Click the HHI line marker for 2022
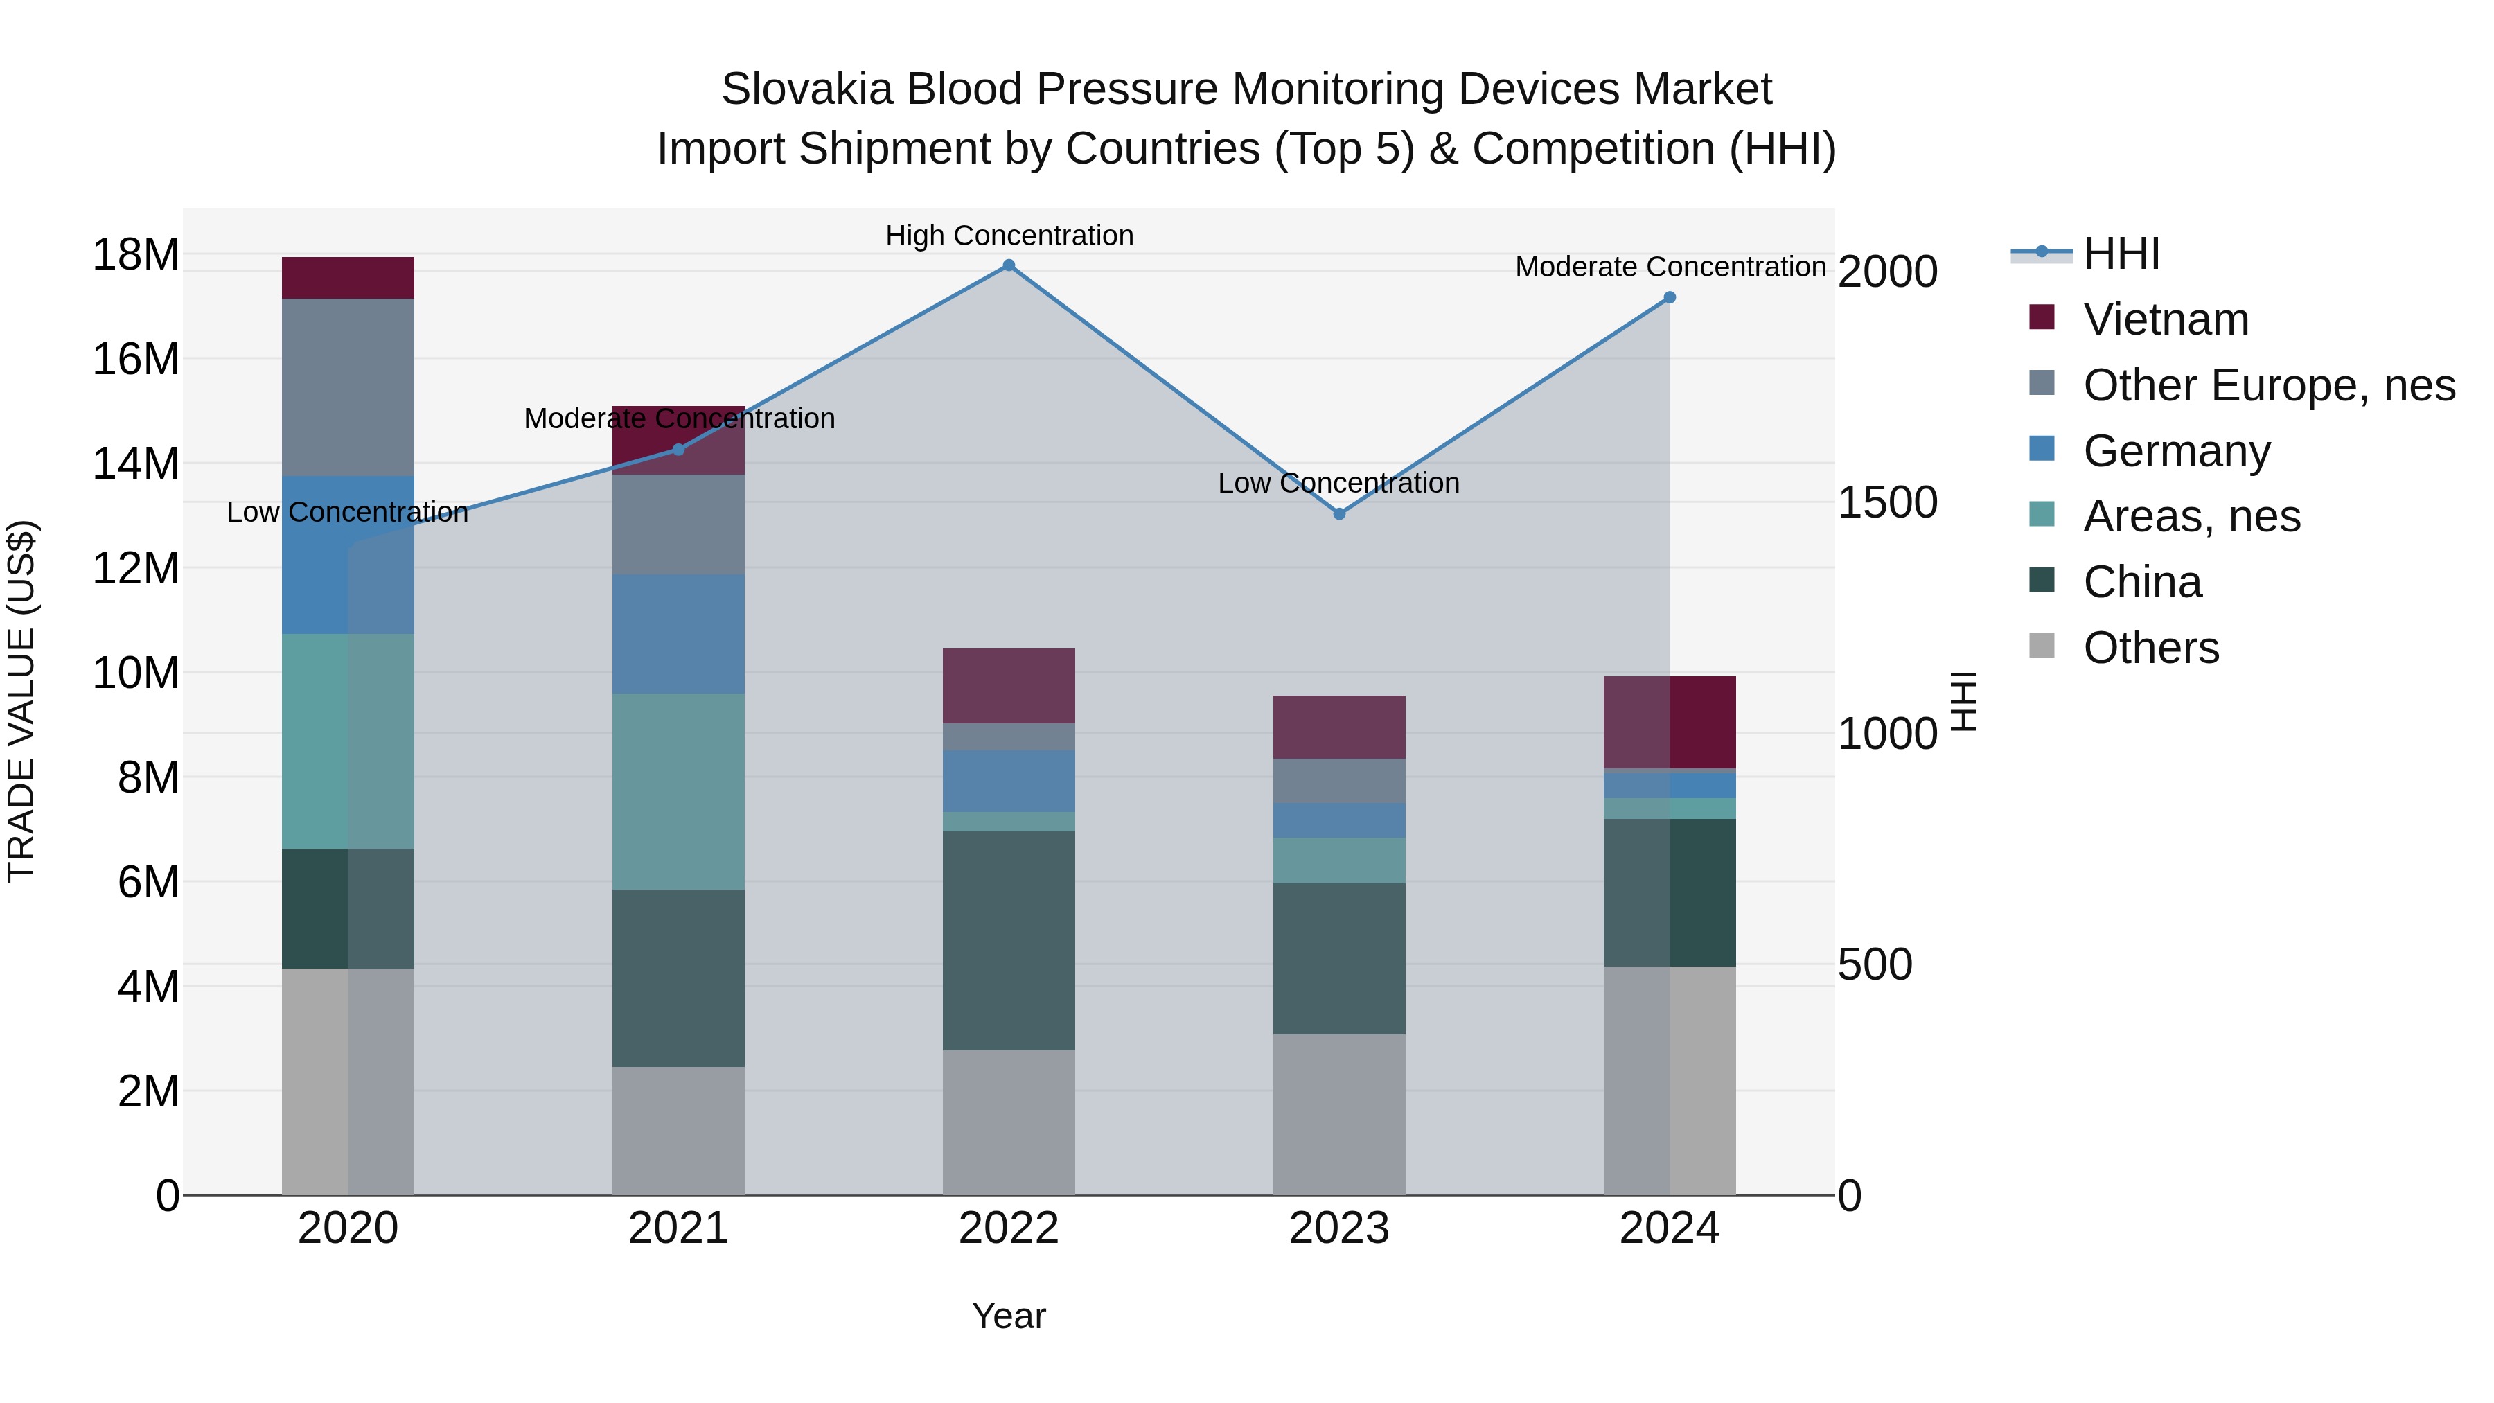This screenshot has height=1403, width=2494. (x=1008, y=265)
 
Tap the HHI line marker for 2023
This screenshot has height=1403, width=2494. (x=1339, y=514)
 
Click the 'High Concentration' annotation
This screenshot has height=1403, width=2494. (x=1009, y=236)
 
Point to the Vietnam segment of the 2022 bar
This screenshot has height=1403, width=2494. (x=1008, y=685)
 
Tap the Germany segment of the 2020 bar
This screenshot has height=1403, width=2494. (x=348, y=555)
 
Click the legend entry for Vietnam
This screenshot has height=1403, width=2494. (x=2166, y=319)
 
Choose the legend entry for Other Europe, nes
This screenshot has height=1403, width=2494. (x=2268, y=385)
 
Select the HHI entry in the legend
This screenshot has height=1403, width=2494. (x=2121, y=254)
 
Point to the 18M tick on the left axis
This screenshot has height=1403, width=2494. (x=136, y=255)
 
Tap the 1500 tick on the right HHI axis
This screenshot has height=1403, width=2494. (x=1887, y=502)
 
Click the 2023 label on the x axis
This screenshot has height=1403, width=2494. (x=1339, y=1228)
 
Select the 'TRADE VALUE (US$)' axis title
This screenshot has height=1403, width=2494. (x=21, y=701)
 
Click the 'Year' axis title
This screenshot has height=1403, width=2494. (x=1008, y=1316)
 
